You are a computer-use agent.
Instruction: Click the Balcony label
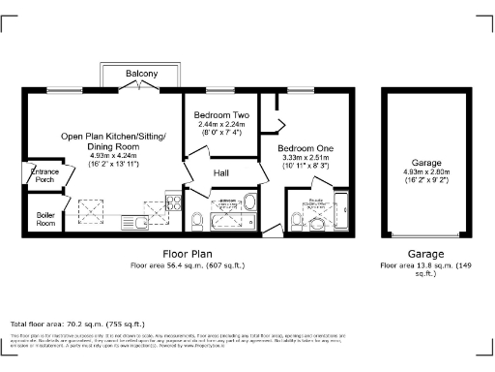tap(142, 75)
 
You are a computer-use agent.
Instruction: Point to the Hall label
tap(221, 172)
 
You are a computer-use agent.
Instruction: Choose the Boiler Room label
tap(45, 218)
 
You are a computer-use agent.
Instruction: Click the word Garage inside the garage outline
tap(426, 164)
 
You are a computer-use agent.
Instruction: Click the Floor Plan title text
tap(180, 254)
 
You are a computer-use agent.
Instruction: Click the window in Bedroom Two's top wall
tap(221, 89)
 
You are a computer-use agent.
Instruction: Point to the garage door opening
tap(425, 235)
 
